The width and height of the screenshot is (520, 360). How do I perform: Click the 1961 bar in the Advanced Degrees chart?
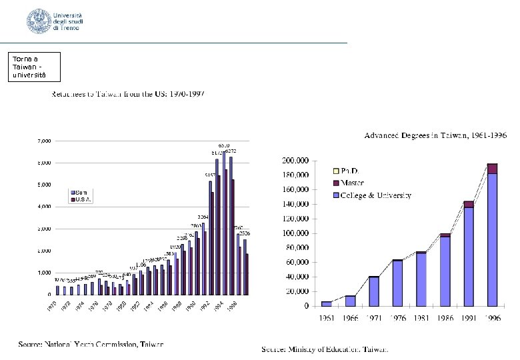point(326,303)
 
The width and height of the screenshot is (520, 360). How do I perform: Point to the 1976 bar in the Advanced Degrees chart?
point(397,283)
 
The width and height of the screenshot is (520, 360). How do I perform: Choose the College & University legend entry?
point(375,195)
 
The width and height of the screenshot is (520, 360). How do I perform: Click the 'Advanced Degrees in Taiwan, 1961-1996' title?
point(435,135)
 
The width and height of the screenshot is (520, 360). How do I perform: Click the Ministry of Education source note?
point(325,349)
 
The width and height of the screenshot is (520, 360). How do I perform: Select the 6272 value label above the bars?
point(231,151)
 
